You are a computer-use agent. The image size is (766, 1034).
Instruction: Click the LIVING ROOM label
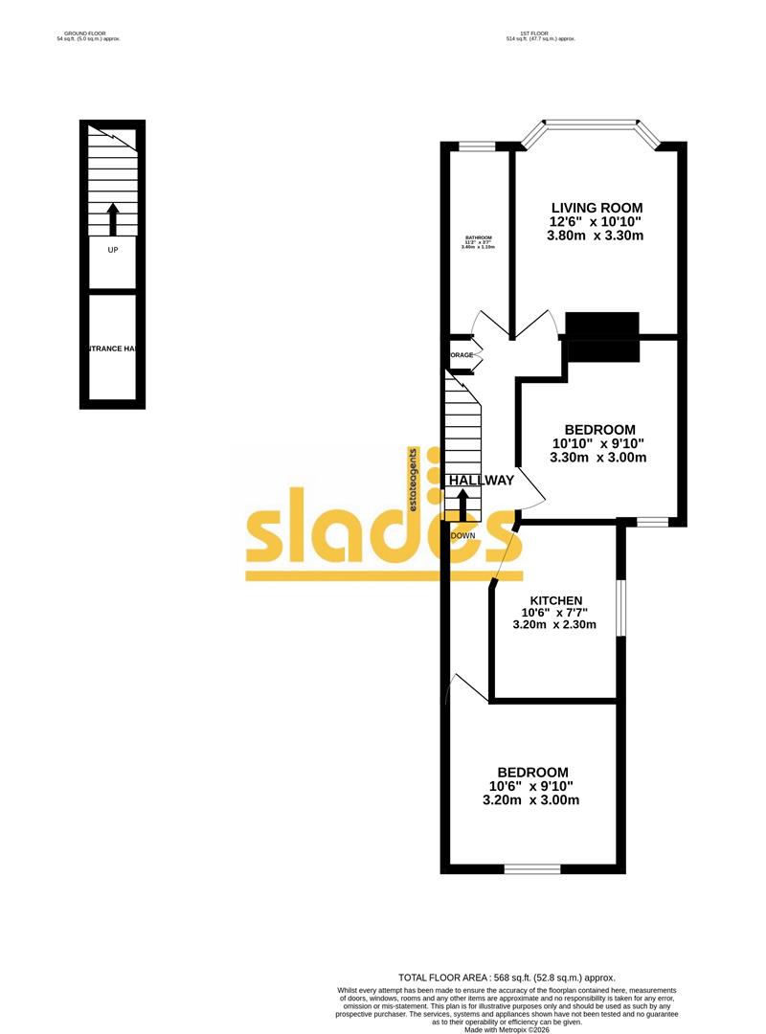(x=596, y=208)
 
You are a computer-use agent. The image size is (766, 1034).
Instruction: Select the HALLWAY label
(x=482, y=481)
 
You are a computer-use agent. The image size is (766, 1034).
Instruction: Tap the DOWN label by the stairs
(x=463, y=535)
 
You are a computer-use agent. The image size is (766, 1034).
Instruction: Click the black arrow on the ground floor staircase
(x=113, y=219)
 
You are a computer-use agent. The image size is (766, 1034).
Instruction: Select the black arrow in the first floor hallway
(x=463, y=505)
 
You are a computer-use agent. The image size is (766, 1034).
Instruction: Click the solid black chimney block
(x=602, y=337)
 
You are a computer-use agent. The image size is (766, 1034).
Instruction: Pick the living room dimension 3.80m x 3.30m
(x=596, y=235)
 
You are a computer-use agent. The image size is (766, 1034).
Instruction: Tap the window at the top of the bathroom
(x=476, y=146)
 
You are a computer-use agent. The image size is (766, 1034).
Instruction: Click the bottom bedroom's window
(x=531, y=869)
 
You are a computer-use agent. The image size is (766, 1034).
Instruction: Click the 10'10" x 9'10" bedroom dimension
(x=598, y=443)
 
